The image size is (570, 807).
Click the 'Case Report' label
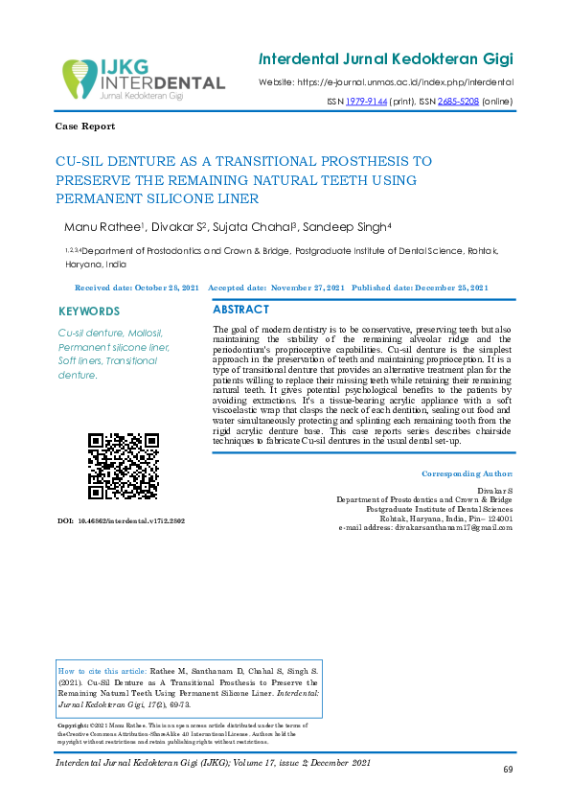click(x=86, y=127)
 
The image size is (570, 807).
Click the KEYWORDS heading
click(x=89, y=311)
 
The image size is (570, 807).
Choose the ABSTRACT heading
click(x=240, y=311)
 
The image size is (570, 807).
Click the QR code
click(x=124, y=466)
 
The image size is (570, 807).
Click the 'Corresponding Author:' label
click(x=467, y=474)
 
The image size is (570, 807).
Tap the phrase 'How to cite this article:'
click(x=103, y=673)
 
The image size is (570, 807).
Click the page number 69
click(x=509, y=771)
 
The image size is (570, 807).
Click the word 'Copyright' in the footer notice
click(x=76, y=726)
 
